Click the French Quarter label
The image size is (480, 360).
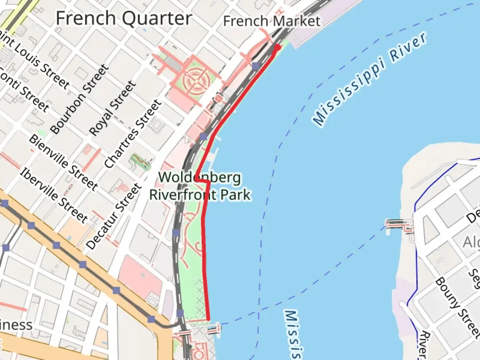[x=124, y=18]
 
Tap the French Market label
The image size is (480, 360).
[x=272, y=21]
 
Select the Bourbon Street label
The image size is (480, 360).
[x=80, y=99]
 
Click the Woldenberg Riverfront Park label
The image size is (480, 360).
[x=200, y=186]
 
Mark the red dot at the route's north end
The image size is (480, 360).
[x=277, y=47]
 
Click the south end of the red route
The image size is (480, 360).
[x=208, y=319]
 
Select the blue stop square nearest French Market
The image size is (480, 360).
[x=256, y=66]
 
